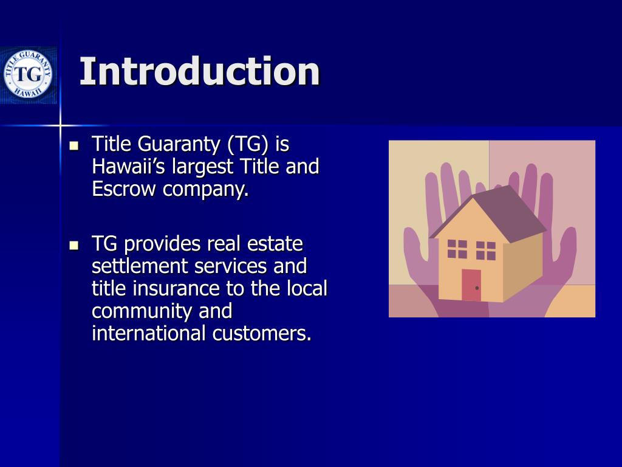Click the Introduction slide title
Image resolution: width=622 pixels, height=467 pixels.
coord(199,72)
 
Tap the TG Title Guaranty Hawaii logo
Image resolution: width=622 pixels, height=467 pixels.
coord(27,75)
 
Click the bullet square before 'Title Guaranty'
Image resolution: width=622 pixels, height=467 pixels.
coord(75,146)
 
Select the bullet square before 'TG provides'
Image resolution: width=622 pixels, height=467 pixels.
coord(75,246)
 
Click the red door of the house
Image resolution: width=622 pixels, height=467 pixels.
coord(471,285)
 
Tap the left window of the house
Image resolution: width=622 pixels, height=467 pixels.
coord(457,249)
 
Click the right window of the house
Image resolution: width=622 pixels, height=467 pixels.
coord(485,251)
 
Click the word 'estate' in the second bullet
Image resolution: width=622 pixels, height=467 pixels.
coord(275,244)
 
